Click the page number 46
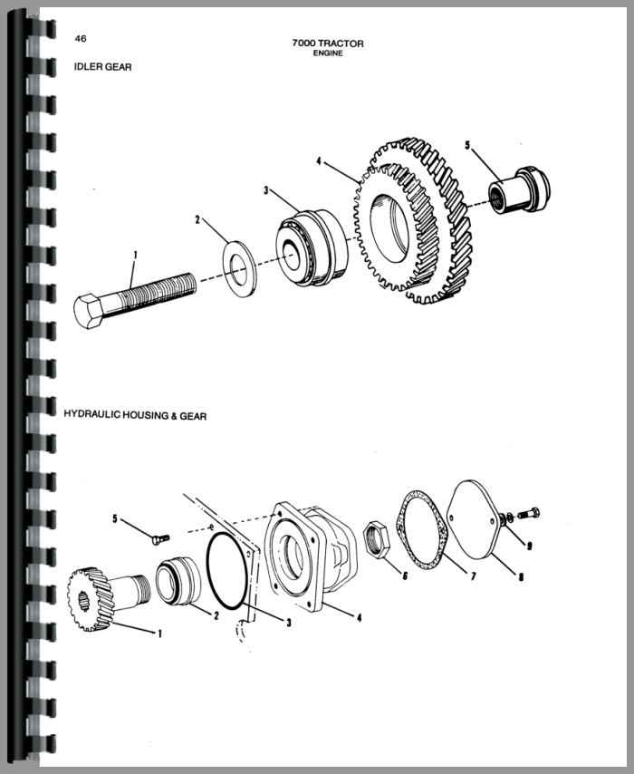pyautogui.click(x=81, y=39)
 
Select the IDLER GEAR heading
pyautogui.click(x=102, y=67)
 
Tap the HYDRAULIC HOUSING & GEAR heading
pyautogui.click(x=135, y=416)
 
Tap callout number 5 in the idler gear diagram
pyautogui.click(x=467, y=145)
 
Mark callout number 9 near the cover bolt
pyautogui.click(x=529, y=545)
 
